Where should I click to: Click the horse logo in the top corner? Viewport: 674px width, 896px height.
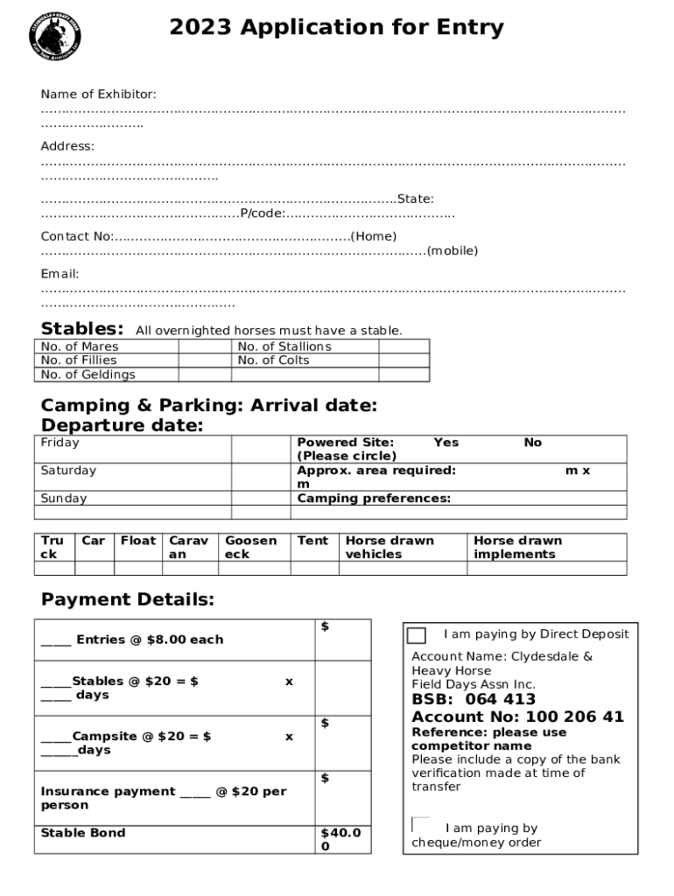(55, 36)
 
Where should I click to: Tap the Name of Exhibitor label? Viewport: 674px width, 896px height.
(98, 94)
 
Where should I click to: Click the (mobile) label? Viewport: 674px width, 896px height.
(452, 250)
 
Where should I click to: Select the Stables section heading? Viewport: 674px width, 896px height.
(82, 328)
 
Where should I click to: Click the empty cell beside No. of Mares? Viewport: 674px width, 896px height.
(205, 346)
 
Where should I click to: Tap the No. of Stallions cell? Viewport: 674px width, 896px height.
(284, 346)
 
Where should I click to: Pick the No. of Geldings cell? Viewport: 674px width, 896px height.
(88, 374)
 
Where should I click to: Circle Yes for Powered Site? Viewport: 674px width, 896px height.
(446, 443)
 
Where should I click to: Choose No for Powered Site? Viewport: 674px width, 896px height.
(532, 443)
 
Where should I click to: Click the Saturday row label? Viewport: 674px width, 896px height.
(68, 471)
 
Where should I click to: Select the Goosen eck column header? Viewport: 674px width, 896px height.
(250, 547)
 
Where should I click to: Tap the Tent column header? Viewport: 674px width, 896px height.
(312, 541)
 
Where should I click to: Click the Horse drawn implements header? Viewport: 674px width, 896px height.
(517, 547)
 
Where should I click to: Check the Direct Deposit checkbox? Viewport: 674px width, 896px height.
(417, 636)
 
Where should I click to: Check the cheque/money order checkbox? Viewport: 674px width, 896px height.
(420, 824)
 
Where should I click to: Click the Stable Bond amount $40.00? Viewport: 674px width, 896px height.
(340, 839)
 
